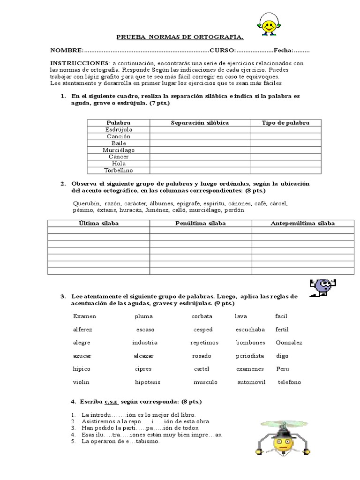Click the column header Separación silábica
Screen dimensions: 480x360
200,122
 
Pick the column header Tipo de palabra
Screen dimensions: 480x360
285,122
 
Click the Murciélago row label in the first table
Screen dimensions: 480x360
119,150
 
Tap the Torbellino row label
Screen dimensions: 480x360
119,170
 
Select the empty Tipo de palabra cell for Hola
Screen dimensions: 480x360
285,164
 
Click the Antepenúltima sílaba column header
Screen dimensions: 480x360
303,223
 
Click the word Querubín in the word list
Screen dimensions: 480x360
87,203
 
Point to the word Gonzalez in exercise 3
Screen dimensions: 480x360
289,342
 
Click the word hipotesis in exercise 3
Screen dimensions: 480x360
148,382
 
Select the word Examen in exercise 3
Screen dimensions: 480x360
85,316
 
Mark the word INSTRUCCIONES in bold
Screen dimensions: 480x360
79,63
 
